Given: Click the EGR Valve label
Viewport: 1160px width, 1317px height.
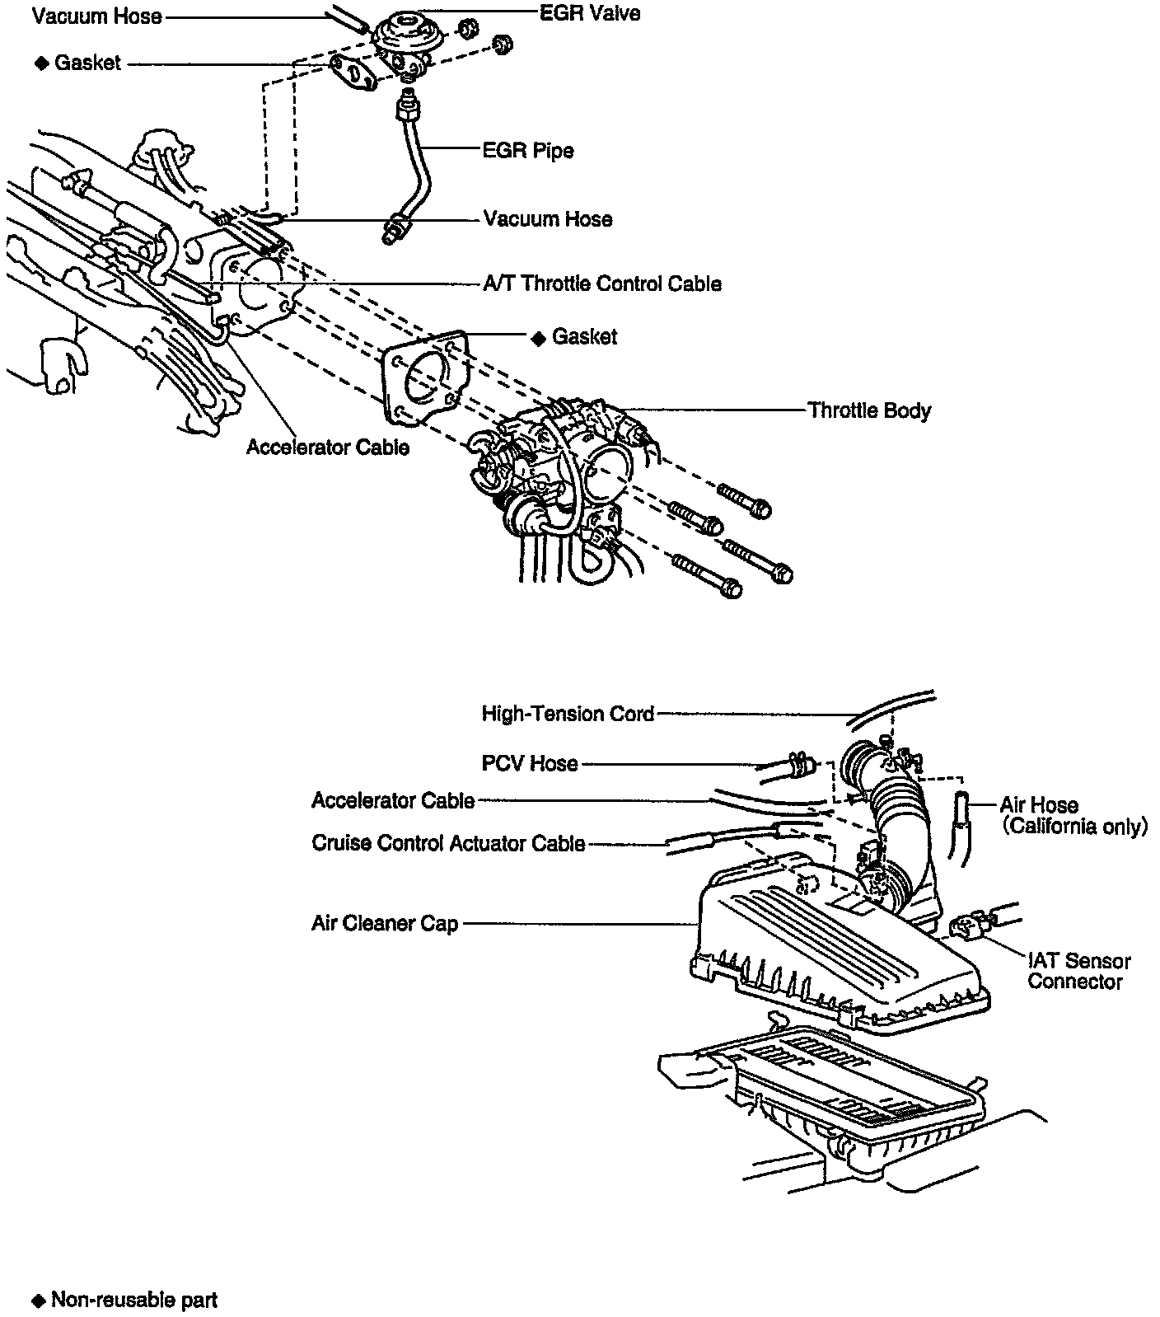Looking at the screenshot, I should click(589, 13).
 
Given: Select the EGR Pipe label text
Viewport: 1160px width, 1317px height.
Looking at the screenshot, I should click(528, 151).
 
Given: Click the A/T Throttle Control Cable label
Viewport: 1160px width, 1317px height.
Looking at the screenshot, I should click(601, 284).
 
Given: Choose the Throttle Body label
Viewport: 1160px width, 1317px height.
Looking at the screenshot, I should click(869, 411).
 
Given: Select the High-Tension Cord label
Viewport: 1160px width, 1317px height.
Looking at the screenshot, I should click(568, 714).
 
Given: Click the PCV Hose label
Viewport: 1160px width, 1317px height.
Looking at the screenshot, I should click(530, 764).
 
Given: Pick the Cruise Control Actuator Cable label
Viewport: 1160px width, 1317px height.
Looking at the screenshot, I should click(448, 844).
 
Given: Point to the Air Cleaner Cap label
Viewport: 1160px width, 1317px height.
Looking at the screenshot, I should click(384, 924).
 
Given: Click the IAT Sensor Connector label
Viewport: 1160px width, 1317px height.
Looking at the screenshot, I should click(1078, 971).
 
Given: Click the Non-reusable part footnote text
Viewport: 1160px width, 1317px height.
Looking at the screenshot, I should click(134, 1301).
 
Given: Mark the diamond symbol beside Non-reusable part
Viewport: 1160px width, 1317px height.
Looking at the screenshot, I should click(37, 1301).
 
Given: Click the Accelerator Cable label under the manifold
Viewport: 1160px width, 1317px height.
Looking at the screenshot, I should click(328, 448).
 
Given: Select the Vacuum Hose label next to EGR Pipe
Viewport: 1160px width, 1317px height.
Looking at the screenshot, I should click(548, 219).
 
